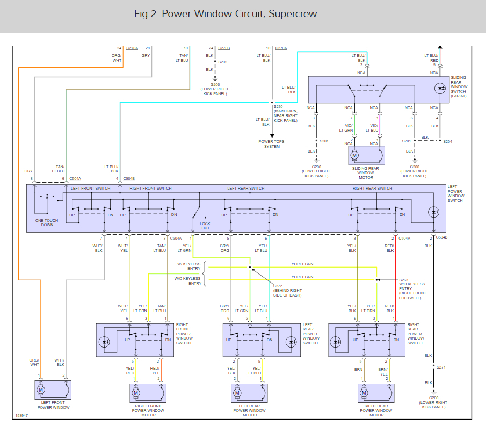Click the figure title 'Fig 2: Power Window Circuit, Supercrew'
point(225,14)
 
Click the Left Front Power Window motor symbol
point(41,388)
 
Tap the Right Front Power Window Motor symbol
point(136,393)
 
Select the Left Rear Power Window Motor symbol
point(237,393)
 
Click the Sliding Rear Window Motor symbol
point(354,156)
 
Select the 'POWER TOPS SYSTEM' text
point(272,144)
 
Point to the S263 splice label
point(403,279)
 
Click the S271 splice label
point(441,367)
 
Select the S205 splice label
point(222,62)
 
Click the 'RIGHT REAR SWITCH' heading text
point(372,189)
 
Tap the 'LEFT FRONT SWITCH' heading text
point(91,189)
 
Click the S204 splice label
point(447,141)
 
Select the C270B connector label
point(223,48)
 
